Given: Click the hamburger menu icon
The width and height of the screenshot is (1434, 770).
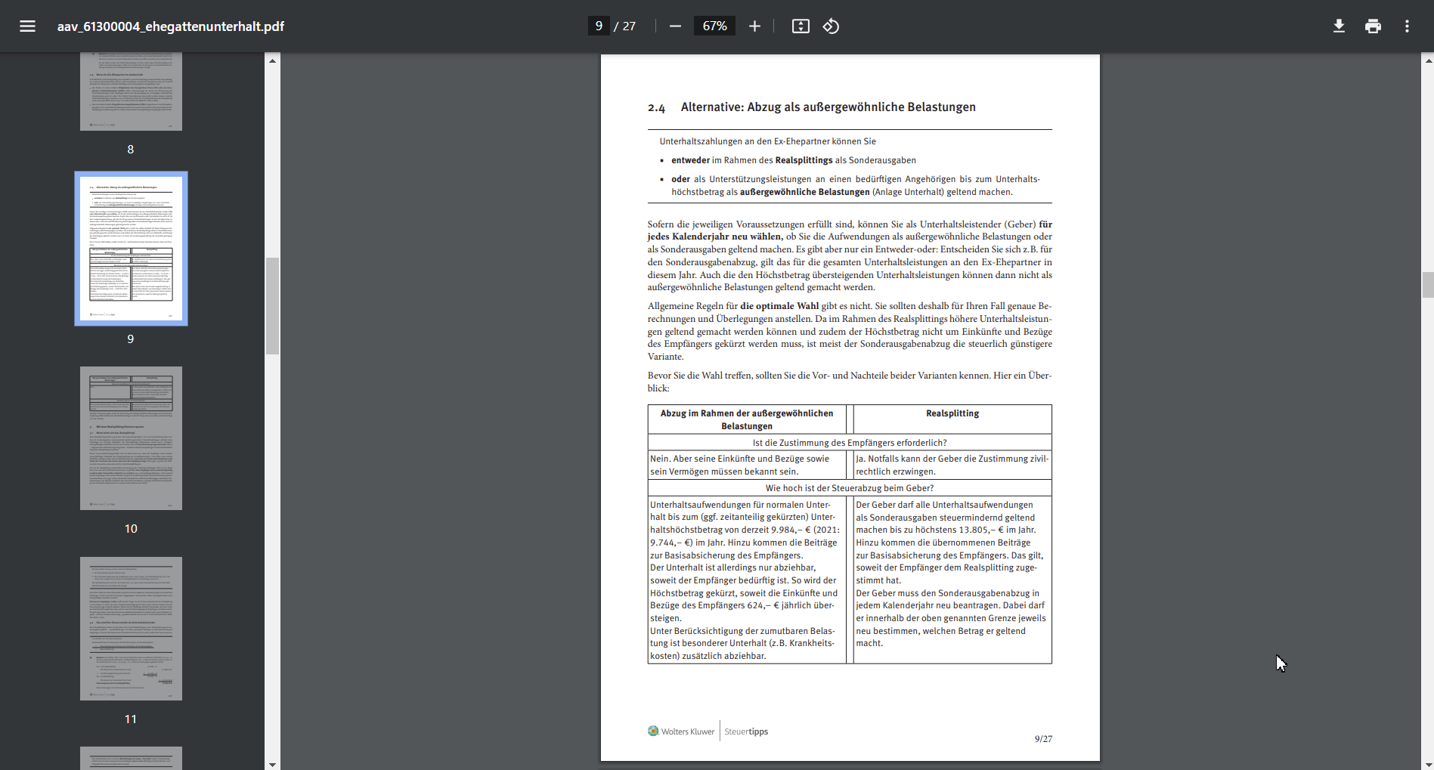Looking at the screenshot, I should pos(28,26).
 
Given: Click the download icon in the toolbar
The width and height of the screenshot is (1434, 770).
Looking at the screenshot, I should pos(1339,26).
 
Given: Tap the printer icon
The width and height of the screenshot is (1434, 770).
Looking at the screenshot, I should pos(1373,26).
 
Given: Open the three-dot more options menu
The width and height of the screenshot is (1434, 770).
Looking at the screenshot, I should pos(1407,26).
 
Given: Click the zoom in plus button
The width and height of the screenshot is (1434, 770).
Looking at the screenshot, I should pos(754,26).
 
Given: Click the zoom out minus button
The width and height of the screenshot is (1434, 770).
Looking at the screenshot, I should pos(675,26).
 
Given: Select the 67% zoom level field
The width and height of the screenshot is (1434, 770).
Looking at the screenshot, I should pos(714,26).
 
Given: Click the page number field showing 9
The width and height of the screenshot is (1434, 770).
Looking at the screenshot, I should pos(599,26).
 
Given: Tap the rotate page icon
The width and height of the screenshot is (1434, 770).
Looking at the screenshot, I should pos(831,26).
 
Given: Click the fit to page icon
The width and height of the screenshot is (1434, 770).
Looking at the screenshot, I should pos(801,26).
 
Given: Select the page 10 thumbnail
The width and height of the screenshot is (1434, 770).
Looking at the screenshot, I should pos(131,438).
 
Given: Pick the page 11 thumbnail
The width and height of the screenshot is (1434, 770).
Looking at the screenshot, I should pos(131,628).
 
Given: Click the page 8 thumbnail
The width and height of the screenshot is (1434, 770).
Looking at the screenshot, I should pos(131,91).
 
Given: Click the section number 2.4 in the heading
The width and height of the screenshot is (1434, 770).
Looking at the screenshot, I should pos(656,108).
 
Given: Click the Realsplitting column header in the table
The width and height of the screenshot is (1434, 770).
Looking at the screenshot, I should pos(952,413).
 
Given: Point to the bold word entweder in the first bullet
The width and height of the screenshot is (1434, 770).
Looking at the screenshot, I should pos(690,160).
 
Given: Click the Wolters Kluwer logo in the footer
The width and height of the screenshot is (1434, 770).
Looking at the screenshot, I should pos(681,731).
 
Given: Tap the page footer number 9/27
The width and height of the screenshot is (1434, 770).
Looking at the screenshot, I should pos(1043,739).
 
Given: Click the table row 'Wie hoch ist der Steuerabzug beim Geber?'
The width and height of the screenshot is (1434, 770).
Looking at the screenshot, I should pos(849,488).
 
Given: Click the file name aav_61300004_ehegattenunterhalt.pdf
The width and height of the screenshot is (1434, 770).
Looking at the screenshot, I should pos(171,26).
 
